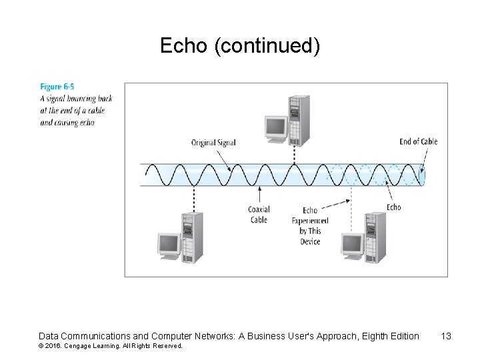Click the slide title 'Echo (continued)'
(x=240, y=46)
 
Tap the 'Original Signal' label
(x=213, y=142)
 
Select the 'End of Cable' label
(x=419, y=141)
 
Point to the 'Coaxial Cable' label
(x=259, y=215)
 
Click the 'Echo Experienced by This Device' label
(x=310, y=225)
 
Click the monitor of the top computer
(x=275, y=127)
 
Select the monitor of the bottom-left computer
(x=168, y=245)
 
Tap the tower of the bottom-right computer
(x=375, y=237)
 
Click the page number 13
(x=446, y=336)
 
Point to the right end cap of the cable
(x=423, y=175)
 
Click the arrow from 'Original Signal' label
(x=224, y=159)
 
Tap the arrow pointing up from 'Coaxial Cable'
(x=259, y=197)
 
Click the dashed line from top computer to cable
(x=294, y=153)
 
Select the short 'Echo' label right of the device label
(x=394, y=207)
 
